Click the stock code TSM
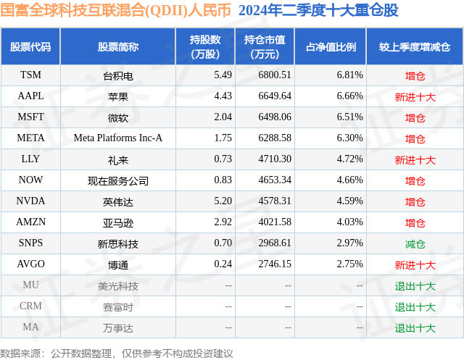30,75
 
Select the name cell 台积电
118,75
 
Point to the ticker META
30,138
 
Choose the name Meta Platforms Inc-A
118,138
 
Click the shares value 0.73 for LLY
223,159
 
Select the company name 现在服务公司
118,180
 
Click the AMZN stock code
30,222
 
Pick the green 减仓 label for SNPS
415,243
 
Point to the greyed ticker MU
30,285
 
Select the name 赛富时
118,306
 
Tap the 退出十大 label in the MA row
415,327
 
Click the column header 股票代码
30,46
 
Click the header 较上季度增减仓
415,46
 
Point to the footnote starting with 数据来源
117,353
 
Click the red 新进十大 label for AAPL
415,96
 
